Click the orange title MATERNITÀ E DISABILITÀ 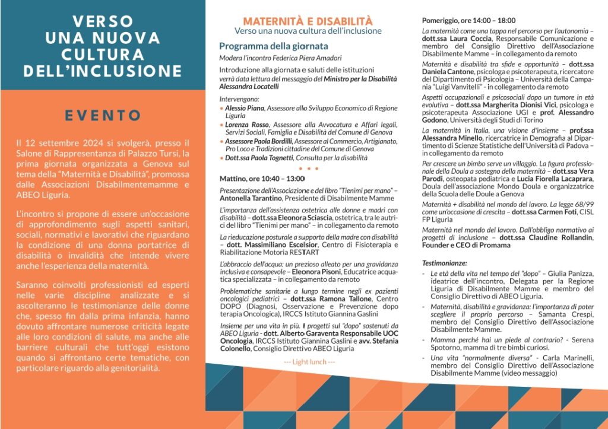tap(308, 21)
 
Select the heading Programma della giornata tap(273, 46)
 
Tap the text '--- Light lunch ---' tap(309, 362)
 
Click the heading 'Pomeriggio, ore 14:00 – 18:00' tap(468, 20)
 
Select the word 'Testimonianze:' tap(444, 262)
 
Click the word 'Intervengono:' tap(239, 99)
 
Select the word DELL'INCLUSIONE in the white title tap(103, 71)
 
